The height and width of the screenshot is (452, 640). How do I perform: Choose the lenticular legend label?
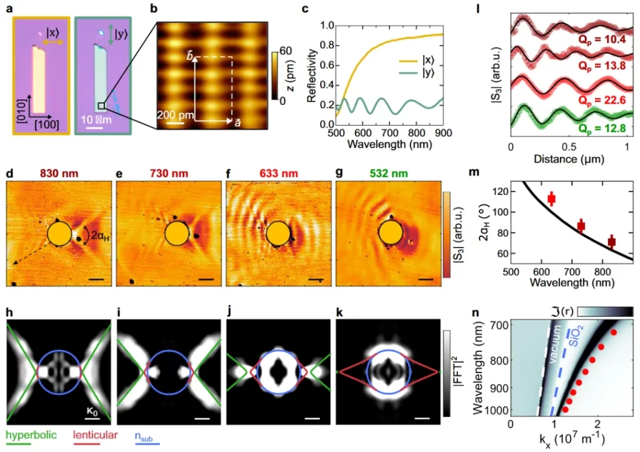tap(94, 433)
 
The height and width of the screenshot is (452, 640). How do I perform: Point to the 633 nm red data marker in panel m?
tap(551, 199)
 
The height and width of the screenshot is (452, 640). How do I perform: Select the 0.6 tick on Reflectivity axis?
tap(317, 65)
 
